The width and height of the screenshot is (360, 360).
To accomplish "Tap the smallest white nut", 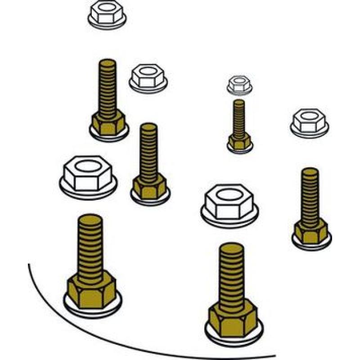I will (239, 85).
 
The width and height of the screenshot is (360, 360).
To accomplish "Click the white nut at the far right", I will (310, 121).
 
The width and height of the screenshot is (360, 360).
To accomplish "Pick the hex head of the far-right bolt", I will (311, 231).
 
